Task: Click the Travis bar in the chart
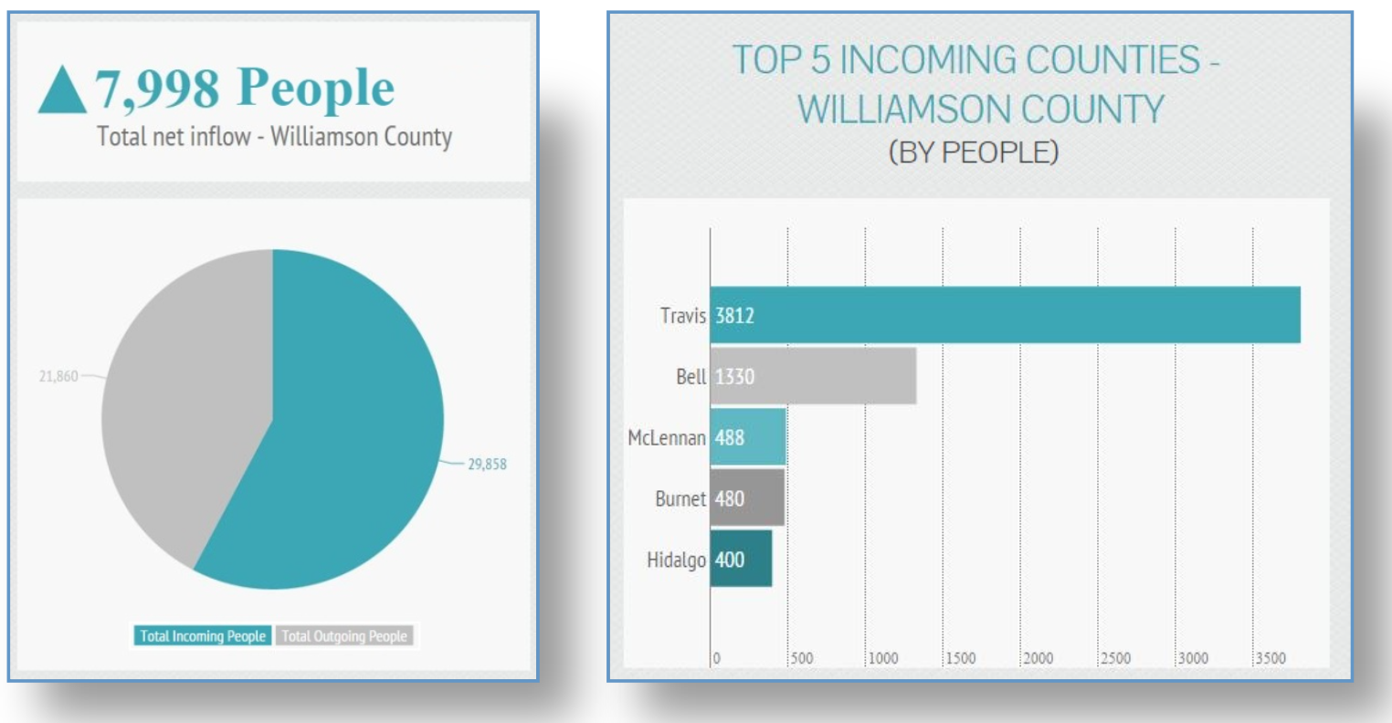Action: (x=1005, y=315)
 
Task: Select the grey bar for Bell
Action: (x=813, y=376)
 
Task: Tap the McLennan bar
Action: (x=748, y=437)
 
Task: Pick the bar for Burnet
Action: (x=747, y=498)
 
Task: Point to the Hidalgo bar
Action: (x=741, y=560)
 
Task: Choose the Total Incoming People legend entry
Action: (x=203, y=636)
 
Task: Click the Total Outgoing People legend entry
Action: (x=344, y=636)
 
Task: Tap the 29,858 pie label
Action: (x=487, y=464)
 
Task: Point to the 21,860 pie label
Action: (x=58, y=376)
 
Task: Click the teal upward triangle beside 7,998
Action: (x=62, y=91)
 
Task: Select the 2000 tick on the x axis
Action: (x=1038, y=658)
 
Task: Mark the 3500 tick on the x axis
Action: (x=1271, y=658)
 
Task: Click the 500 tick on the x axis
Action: (x=802, y=658)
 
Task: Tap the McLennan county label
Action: (x=667, y=438)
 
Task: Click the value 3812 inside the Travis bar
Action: (x=734, y=316)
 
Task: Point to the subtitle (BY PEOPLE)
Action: (x=974, y=152)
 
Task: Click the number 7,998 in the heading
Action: (x=157, y=89)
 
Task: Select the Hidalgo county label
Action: (x=676, y=560)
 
